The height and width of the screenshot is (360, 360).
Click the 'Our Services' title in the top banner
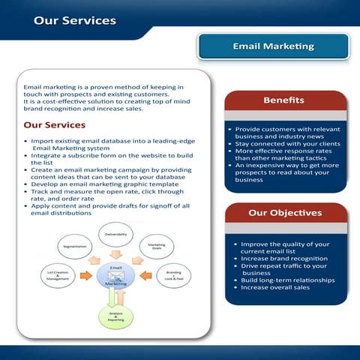click(x=74, y=19)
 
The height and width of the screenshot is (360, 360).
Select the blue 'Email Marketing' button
click(x=273, y=46)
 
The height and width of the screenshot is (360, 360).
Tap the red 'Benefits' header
click(x=283, y=100)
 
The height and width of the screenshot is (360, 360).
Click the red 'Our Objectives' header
click(x=284, y=212)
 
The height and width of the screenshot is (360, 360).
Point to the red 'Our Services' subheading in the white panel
click(x=55, y=124)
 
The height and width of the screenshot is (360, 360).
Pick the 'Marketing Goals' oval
click(x=157, y=246)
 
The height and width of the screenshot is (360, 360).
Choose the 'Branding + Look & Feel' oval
click(x=173, y=276)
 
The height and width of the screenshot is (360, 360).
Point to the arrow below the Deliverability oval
click(x=115, y=254)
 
